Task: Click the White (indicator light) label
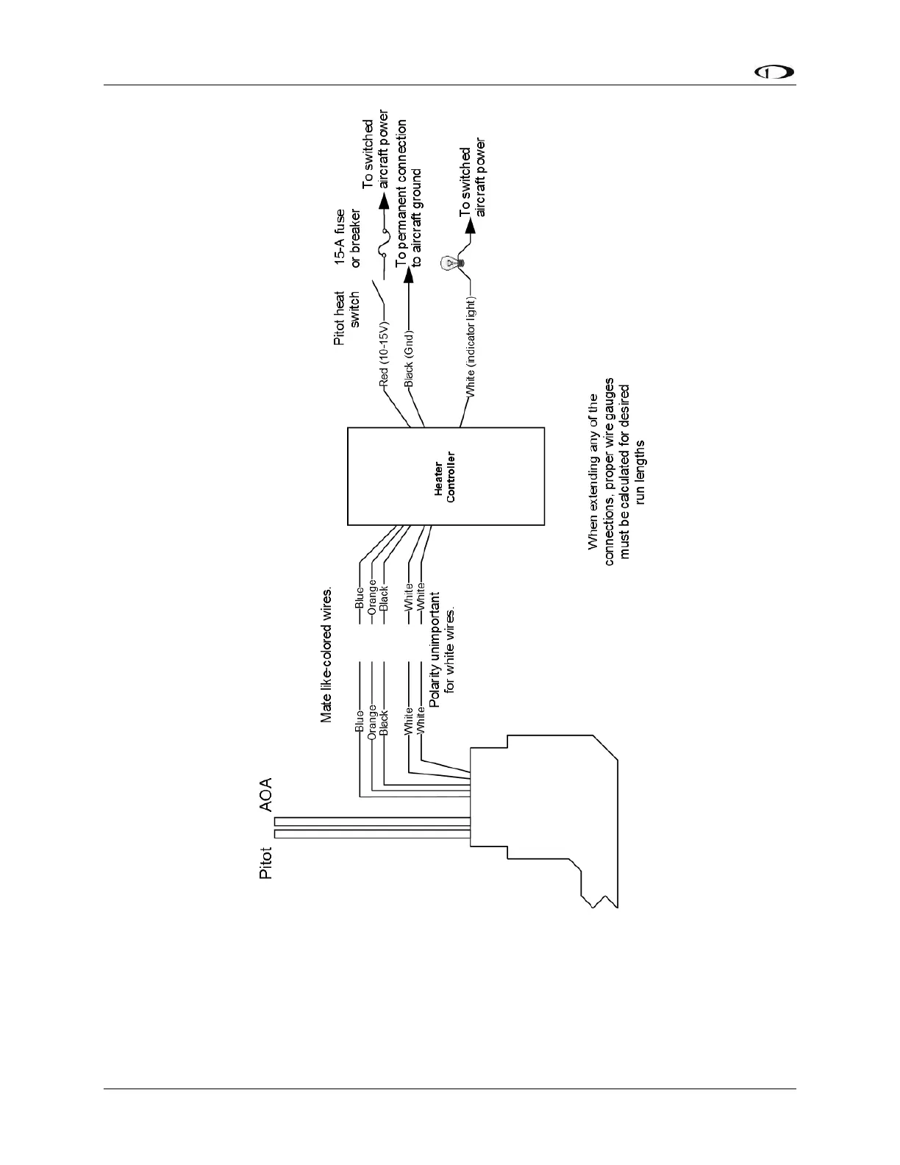[x=471, y=348]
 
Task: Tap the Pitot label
[x=266, y=864]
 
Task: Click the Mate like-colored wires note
[x=327, y=655]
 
